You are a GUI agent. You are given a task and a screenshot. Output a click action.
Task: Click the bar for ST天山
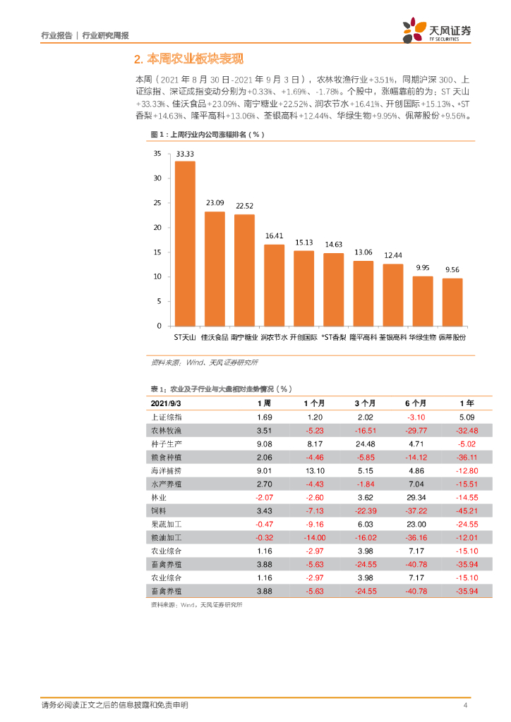[185, 243]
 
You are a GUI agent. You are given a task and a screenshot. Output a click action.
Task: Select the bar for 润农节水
[274, 285]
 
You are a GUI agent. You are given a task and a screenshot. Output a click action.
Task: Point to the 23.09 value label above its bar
[215, 203]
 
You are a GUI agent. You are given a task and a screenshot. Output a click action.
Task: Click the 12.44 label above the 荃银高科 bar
[393, 255]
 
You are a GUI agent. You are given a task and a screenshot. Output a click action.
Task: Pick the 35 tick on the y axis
[157, 153]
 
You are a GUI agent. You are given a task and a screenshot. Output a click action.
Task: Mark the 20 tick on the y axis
[157, 227]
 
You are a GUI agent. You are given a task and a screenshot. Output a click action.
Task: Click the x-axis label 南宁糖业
[244, 338]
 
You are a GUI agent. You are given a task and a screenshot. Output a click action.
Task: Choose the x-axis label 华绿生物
[422, 338]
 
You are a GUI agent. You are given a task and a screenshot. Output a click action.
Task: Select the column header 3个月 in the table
[365, 403]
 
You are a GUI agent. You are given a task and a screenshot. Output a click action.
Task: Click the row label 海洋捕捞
[167, 470]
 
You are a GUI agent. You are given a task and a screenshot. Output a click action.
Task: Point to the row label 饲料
[158, 510]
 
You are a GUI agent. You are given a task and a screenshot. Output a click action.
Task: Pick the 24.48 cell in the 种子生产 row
[365, 443]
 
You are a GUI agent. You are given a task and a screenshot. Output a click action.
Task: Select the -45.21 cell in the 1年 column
[466, 510]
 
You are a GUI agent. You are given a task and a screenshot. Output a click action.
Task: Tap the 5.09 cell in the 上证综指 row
[466, 417]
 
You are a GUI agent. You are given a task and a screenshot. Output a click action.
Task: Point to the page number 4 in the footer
[465, 706]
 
